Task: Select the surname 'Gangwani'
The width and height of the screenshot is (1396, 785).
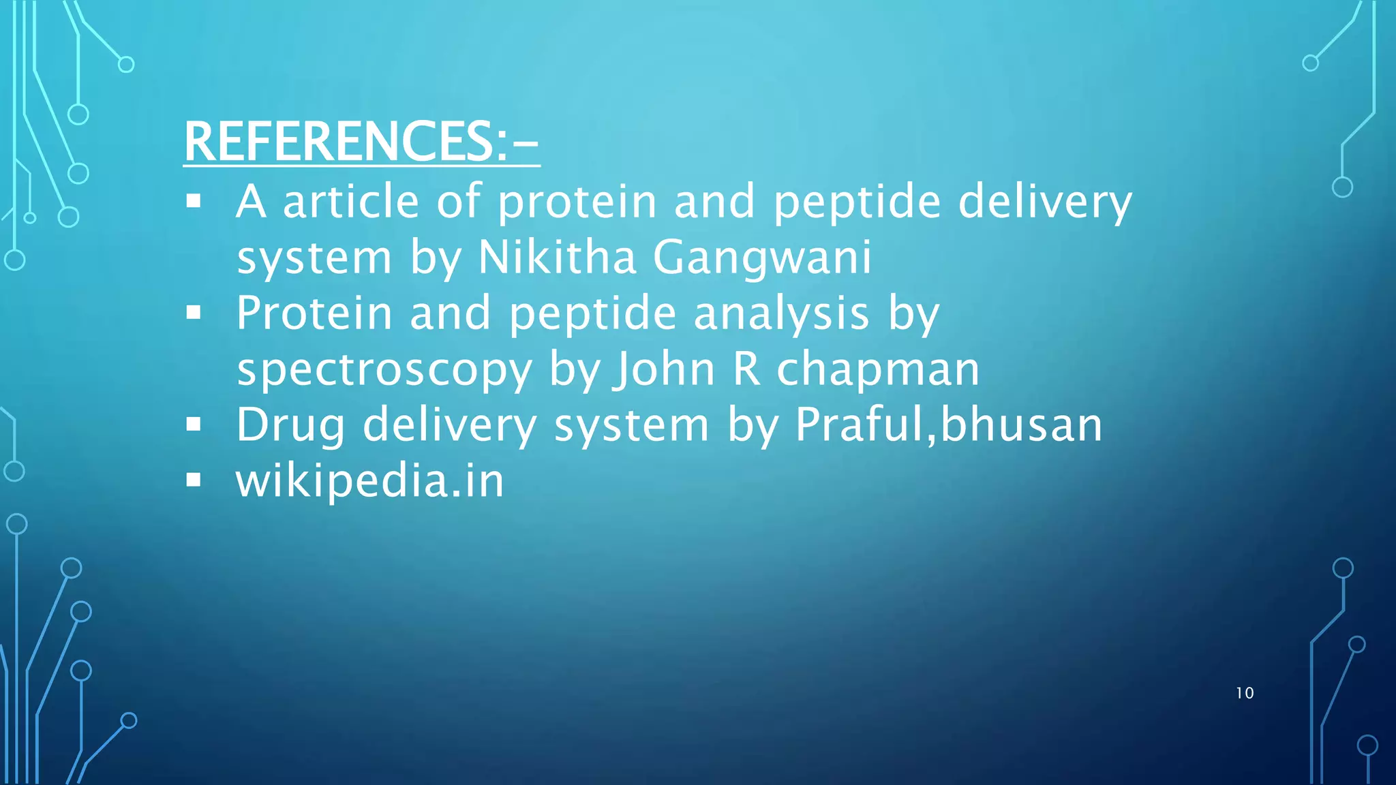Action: point(762,259)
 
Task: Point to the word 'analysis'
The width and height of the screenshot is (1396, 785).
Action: point(781,314)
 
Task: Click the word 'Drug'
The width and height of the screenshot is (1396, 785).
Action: point(291,426)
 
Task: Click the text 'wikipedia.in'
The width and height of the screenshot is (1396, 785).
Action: point(369,481)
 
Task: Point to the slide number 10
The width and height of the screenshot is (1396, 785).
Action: point(1245,693)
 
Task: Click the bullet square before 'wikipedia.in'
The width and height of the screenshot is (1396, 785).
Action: point(194,480)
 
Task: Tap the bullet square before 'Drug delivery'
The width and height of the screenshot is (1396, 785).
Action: point(194,425)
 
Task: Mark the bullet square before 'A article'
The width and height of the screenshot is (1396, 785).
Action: point(194,201)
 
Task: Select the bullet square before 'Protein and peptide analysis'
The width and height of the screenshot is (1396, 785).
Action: point(194,313)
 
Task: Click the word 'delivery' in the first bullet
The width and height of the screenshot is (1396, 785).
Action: point(1045,202)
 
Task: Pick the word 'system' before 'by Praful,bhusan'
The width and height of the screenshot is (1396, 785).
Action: point(631,426)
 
